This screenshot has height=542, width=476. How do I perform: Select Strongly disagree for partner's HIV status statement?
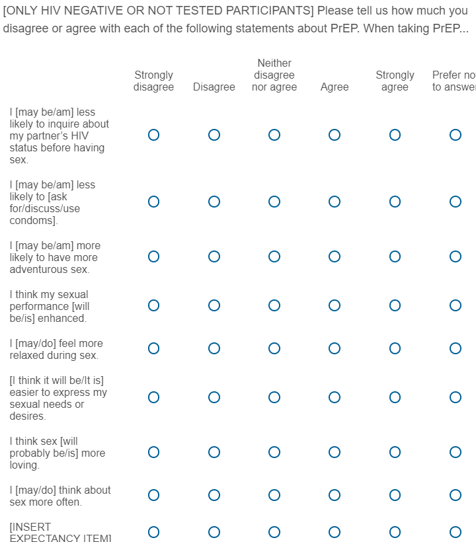point(153,135)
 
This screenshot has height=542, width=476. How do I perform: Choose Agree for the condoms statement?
point(335,202)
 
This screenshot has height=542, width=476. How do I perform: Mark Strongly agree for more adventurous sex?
point(395,256)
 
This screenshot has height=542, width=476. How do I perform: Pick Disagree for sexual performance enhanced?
point(214,305)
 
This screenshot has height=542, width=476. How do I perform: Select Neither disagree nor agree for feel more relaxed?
point(274,348)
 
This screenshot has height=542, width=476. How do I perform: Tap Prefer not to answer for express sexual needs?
point(455,397)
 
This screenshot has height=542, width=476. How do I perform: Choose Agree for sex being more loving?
point(335,452)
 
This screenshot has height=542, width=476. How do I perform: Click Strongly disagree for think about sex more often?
point(153,495)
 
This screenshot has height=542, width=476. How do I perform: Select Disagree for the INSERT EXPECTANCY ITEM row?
point(214,532)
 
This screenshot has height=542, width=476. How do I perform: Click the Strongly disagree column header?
point(153,81)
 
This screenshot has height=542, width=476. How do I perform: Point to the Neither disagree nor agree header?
point(274,75)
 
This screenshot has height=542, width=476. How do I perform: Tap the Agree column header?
point(335,87)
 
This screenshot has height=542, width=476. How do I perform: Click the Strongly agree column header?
point(395,81)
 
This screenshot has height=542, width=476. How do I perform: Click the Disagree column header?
point(214,87)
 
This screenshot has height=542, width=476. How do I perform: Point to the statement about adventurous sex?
point(55,257)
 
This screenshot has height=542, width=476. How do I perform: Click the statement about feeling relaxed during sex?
point(56,349)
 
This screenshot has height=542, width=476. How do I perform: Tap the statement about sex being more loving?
point(57,453)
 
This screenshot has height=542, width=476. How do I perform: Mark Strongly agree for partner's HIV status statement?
point(395,135)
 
